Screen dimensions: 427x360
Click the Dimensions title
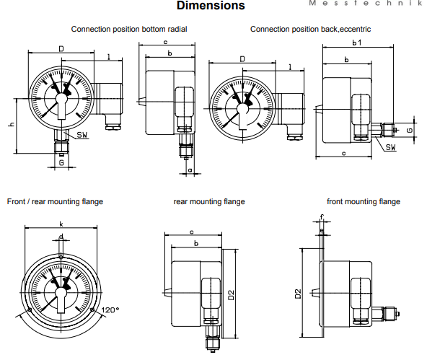tap(211, 5)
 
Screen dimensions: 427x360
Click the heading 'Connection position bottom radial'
tap(129, 29)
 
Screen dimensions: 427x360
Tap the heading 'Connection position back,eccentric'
tap(310, 29)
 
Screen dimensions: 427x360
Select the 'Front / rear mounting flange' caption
tap(55, 201)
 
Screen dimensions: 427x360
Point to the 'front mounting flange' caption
tap(364, 201)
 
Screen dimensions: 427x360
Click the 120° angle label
tap(110, 310)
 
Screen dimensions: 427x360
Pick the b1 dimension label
tap(357, 43)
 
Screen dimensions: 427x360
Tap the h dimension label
tap(11, 124)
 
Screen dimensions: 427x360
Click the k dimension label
tap(61, 224)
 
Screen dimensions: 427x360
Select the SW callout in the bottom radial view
tap(82, 134)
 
